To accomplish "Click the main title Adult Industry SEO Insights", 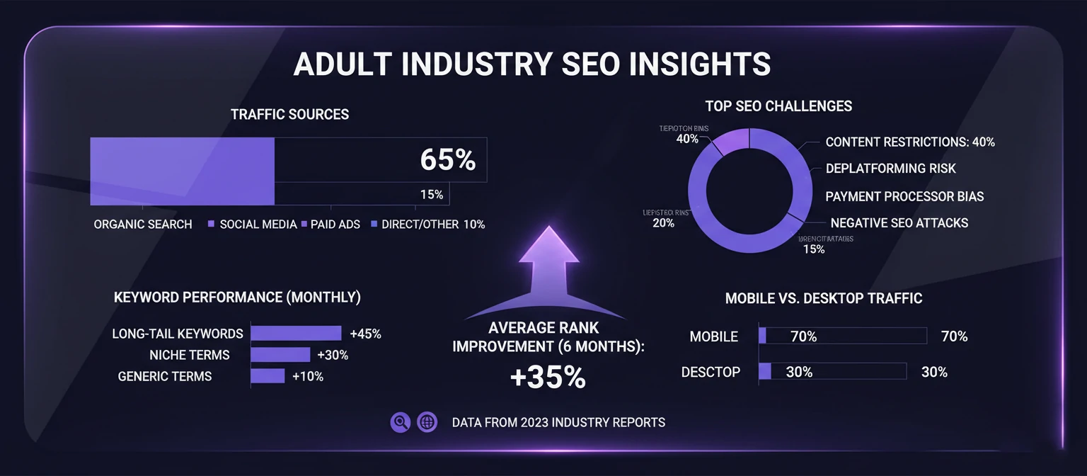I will [x=531, y=64].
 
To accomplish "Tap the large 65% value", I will [x=447, y=160].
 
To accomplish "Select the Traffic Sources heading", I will [x=289, y=114].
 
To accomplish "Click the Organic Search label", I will [x=142, y=224].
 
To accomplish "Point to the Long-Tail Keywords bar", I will [x=296, y=334].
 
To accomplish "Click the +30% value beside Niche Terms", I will [x=333, y=355].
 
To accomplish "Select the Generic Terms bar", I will [x=268, y=376].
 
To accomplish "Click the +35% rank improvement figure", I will [x=547, y=378].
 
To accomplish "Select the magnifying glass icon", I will [x=400, y=422].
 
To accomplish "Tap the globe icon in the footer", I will [x=427, y=422].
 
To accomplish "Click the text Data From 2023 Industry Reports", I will [x=558, y=422].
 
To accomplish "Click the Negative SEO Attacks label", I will [x=899, y=222].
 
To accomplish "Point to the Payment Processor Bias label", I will [x=904, y=196].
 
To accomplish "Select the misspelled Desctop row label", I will [x=711, y=372].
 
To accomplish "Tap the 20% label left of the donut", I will [x=663, y=222].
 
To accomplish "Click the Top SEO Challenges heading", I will [x=778, y=106].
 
